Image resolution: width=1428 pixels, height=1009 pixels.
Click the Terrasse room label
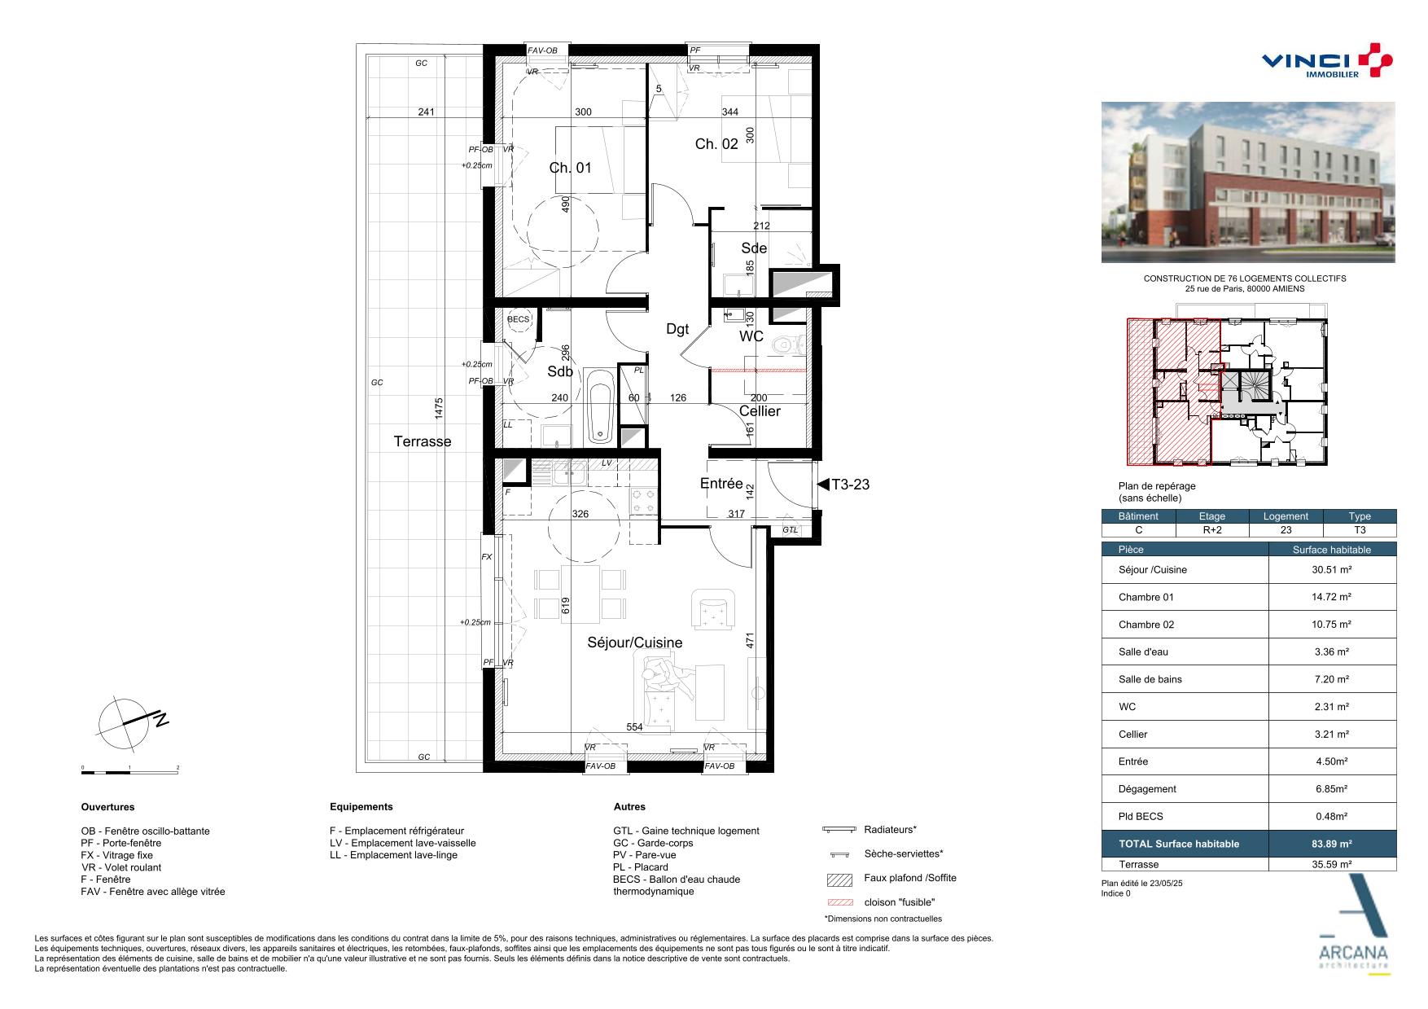[423, 441]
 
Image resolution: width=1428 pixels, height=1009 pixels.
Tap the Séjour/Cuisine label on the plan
[635, 643]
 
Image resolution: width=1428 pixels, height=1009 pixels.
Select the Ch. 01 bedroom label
[570, 168]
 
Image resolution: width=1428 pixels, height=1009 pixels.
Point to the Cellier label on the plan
[760, 411]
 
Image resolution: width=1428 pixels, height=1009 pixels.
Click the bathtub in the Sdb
[599, 406]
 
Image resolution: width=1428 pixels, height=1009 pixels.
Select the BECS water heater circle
[519, 319]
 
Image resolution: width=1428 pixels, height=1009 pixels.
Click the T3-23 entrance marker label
[850, 485]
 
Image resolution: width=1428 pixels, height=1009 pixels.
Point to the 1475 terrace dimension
[439, 408]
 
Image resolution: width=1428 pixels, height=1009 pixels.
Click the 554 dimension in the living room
[634, 727]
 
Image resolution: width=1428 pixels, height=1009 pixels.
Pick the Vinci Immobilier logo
[1327, 61]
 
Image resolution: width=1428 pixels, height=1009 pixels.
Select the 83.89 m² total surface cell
[1332, 844]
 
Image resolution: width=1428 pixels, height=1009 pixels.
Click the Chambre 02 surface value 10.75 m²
[1331, 625]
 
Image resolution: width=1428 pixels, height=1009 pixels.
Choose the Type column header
[1360, 516]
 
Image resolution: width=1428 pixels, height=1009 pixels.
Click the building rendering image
[1248, 182]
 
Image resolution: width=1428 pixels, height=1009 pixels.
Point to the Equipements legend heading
[361, 807]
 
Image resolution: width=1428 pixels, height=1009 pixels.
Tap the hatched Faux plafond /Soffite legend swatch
[839, 880]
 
